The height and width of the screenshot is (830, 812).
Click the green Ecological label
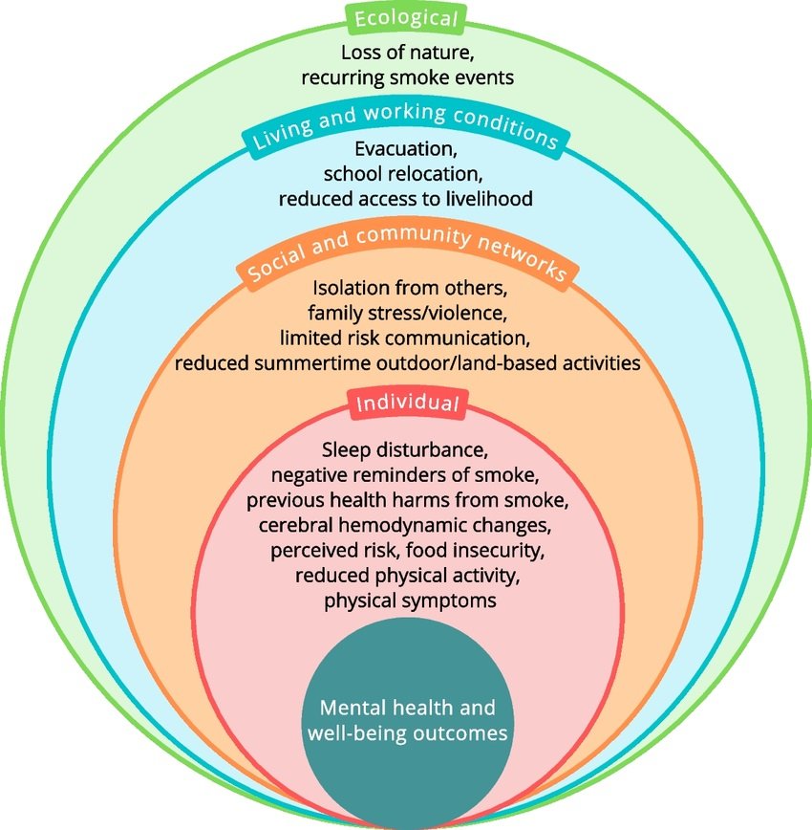click(x=406, y=18)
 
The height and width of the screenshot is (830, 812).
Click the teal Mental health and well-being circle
click(x=407, y=722)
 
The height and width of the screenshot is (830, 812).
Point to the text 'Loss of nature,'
click(x=407, y=53)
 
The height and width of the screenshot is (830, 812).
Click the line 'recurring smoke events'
click(x=407, y=77)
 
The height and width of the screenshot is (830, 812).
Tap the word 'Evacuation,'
click(x=407, y=150)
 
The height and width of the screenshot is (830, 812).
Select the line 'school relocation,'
click(x=407, y=174)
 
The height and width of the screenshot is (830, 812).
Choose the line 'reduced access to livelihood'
click(x=407, y=199)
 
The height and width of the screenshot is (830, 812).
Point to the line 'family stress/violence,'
click(x=407, y=312)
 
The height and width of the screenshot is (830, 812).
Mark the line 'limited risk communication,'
click(x=407, y=337)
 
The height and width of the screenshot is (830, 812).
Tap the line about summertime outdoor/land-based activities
click(x=407, y=362)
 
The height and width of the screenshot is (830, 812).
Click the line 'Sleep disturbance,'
click(x=407, y=449)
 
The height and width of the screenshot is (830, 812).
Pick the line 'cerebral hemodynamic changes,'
click(x=407, y=526)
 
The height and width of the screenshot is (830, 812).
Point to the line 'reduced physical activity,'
click(x=407, y=577)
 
